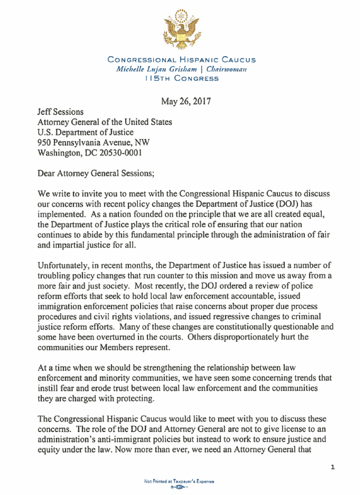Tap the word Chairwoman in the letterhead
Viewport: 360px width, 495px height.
(x=222, y=69)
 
